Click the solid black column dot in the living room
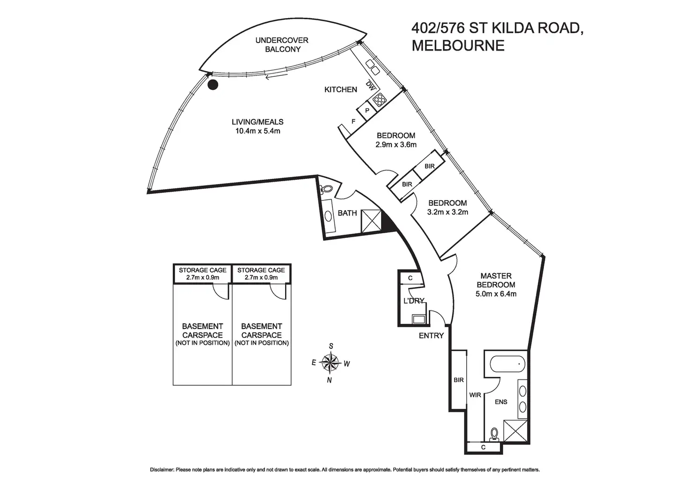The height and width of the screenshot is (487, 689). pyautogui.click(x=213, y=85)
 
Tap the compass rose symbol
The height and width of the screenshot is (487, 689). pyautogui.click(x=330, y=362)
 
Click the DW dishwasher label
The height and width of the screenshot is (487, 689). pyautogui.click(x=370, y=86)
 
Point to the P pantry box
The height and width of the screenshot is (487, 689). pyautogui.click(x=367, y=111)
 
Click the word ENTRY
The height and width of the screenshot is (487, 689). pyautogui.click(x=431, y=336)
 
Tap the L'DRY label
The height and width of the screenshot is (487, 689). pyautogui.click(x=414, y=301)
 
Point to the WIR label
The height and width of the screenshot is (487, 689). pyautogui.click(x=475, y=395)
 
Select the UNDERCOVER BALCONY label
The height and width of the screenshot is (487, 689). pyautogui.click(x=282, y=44)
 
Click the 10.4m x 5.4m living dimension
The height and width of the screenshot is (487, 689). pyautogui.click(x=258, y=131)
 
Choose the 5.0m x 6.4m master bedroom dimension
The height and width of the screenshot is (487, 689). pyautogui.click(x=496, y=294)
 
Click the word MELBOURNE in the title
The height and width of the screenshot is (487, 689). pyautogui.click(x=458, y=45)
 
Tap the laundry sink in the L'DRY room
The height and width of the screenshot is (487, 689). pyautogui.click(x=419, y=319)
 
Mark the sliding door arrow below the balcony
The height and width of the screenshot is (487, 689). pyautogui.click(x=277, y=76)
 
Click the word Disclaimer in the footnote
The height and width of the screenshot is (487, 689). pyautogui.click(x=162, y=470)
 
